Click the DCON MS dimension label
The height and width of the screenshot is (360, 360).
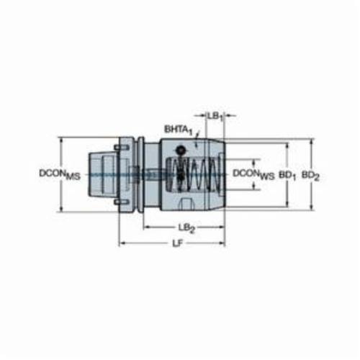click(60, 174)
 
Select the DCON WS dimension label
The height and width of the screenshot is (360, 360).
click(253, 174)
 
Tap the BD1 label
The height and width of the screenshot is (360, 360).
click(287, 176)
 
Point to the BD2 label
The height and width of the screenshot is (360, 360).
click(310, 176)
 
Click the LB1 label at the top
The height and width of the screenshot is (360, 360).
click(215, 117)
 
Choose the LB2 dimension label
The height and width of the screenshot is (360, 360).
click(186, 228)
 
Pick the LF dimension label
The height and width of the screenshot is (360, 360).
click(178, 243)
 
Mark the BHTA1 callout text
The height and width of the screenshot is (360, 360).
click(179, 130)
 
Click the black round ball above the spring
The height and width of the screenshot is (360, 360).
click(181, 150)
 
